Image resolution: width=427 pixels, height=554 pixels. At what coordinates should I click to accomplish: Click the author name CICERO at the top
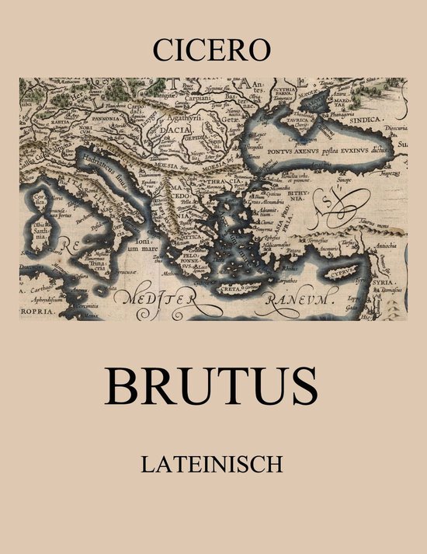coord(213,51)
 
